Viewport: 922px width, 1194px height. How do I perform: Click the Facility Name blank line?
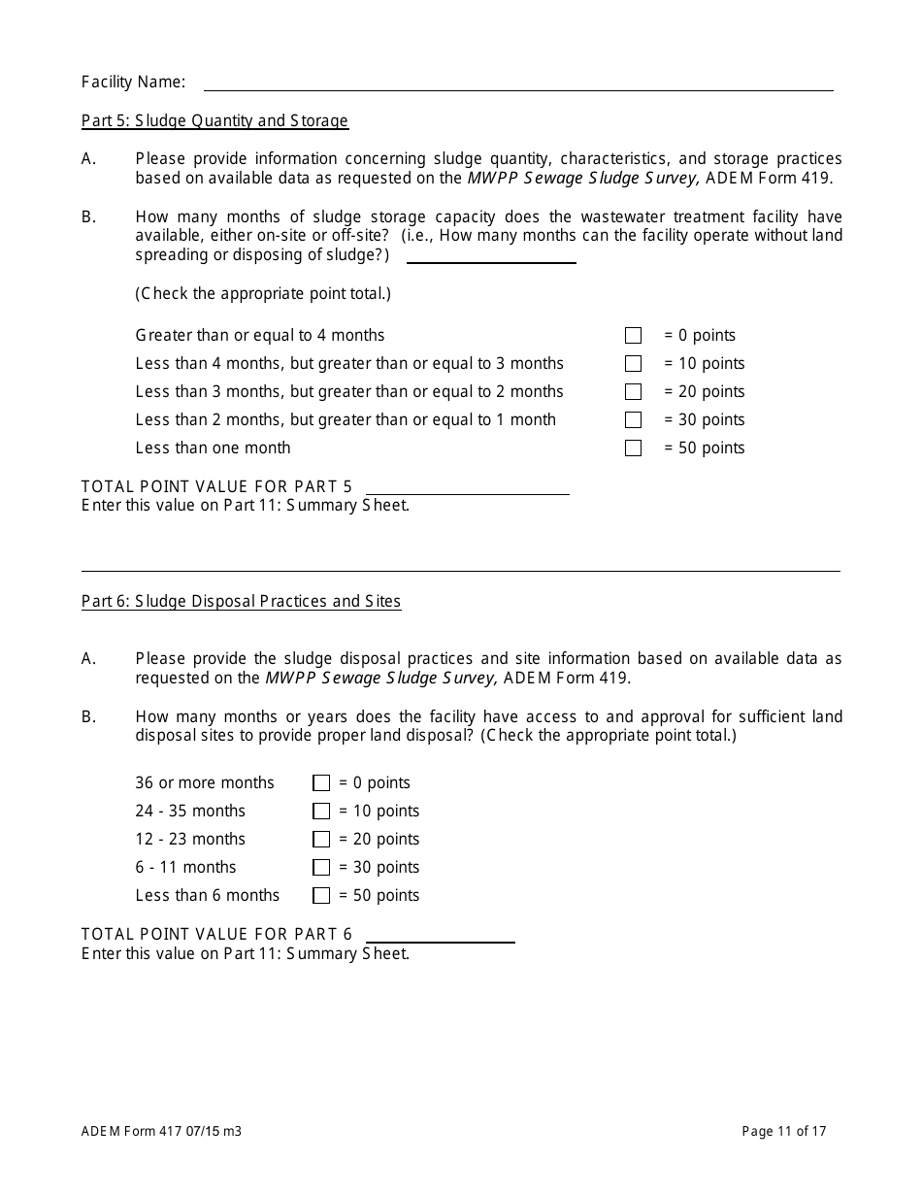(x=517, y=83)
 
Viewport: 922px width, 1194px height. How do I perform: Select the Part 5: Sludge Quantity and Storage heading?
(x=214, y=121)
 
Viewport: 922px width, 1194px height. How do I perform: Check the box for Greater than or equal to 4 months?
(x=634, y=336)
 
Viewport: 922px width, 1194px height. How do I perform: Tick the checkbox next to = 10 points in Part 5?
(x=634, y=364)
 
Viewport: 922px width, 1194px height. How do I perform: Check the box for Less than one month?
(x=634, y=448)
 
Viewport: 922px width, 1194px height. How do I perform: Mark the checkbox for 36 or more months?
(x=321, y=783)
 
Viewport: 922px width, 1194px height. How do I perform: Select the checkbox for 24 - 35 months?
(x=321, y=812)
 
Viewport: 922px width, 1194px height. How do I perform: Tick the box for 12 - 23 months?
(x=321, y=840)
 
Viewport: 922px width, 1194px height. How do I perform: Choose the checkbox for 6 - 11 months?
(x=321, y=868)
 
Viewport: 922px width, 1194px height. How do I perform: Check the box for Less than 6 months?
(x=321, y=896)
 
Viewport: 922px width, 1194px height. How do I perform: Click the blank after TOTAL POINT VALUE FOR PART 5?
(x=467, y=487)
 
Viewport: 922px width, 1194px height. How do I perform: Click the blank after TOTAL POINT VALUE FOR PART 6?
(x=440, y=935)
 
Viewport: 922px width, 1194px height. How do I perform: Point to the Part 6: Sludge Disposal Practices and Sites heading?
(x=241, y=602)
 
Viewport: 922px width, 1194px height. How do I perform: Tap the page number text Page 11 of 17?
(x=784, y=1131)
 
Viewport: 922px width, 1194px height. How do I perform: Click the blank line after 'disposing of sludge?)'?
(x=490, y=255)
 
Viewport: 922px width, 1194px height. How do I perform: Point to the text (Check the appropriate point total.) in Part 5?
(x=263, y=294)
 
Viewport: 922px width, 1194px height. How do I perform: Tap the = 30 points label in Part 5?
(x=704, y=420)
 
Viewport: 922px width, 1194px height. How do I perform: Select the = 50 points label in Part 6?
(x=379, y=896)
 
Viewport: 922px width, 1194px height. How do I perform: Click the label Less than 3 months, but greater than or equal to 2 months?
(x=349, y=392)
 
